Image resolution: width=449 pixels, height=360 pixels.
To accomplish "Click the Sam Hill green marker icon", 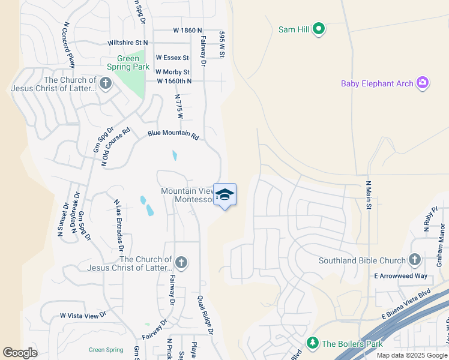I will pos(319,28).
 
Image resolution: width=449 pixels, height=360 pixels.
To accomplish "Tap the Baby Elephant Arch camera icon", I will pos(423,83).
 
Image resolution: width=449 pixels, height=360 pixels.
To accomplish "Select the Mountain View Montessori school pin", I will pos(224,195).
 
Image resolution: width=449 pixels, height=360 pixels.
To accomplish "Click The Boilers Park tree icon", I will pos(312,343).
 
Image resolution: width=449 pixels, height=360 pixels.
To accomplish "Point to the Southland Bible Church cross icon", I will pos(414,260).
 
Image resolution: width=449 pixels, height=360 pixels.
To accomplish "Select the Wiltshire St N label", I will pos(128,43).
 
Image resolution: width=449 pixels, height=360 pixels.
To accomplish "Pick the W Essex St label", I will pos(172,58).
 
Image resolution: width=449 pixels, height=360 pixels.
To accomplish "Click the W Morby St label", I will pos(173,72).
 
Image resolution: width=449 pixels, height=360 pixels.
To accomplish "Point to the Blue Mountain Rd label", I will pos(173,134).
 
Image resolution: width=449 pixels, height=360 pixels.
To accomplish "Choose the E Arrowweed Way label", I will pos(401,276).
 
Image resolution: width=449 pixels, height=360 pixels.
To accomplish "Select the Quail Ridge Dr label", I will pos(205,314).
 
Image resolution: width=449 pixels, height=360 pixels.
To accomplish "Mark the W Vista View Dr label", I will pos(83,314).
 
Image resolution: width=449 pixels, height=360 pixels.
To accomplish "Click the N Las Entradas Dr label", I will pos(118,225).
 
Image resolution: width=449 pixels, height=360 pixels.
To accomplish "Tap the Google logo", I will pos(20,353).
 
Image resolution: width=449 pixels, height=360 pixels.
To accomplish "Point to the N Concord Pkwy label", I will pos(68,46).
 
